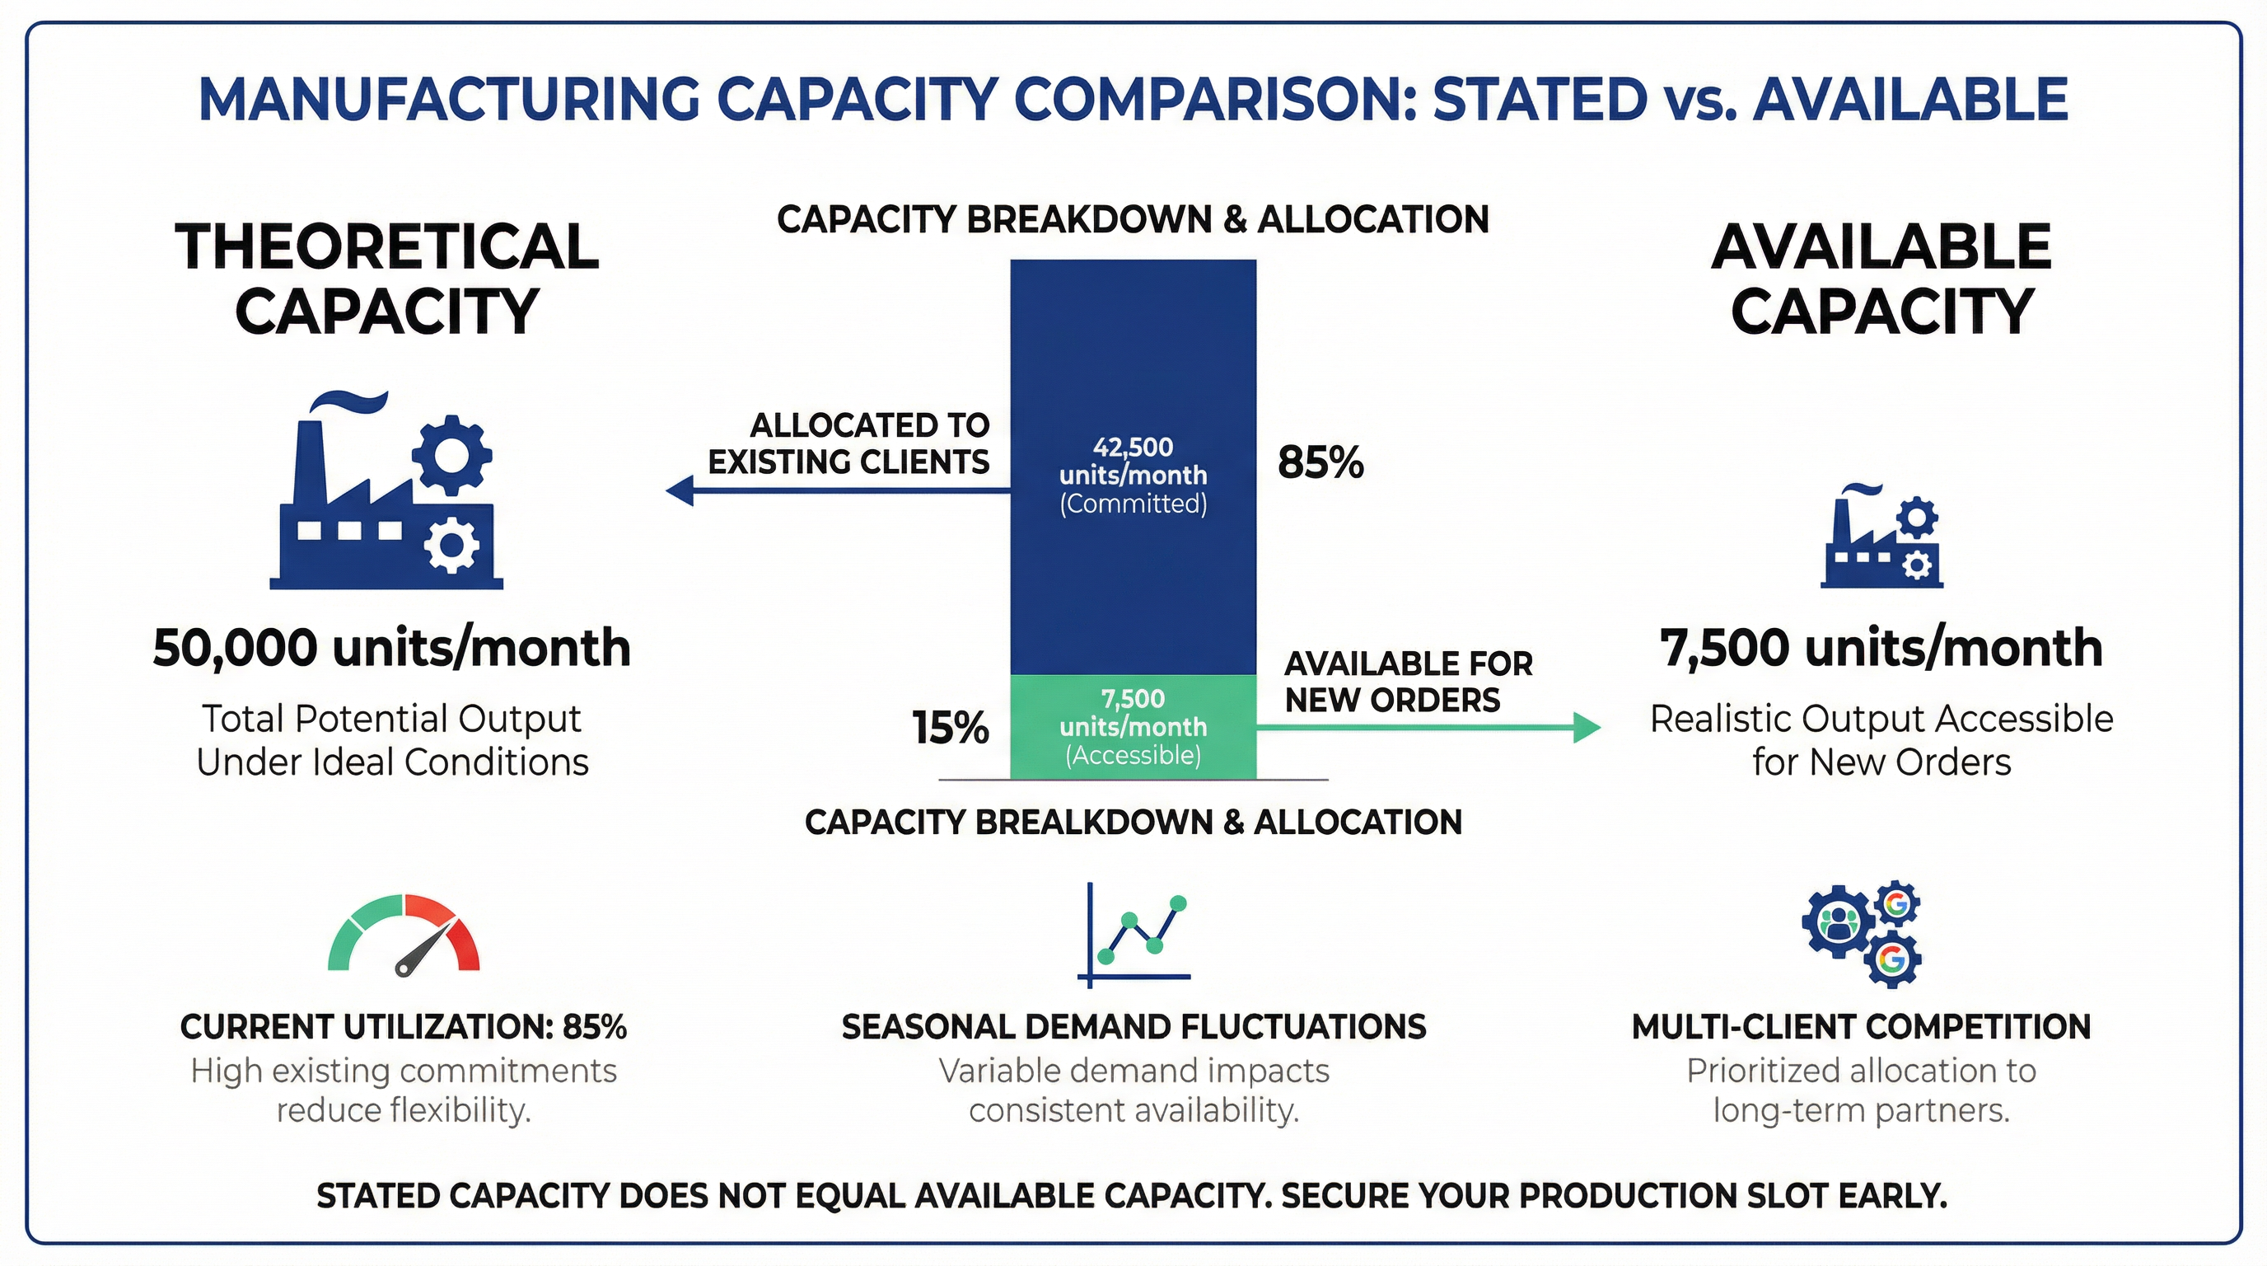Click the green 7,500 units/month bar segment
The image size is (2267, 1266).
point(1133,726)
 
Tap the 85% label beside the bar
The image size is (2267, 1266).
point(1320,462)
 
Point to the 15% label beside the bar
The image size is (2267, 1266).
point(950,729)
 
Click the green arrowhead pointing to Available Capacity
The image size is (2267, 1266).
point(1587,727)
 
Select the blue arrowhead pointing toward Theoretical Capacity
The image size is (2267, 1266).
point(680,490)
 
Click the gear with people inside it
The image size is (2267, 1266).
point(1836,922)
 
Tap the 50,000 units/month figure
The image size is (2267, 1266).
point(391,648)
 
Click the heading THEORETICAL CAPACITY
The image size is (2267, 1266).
point(387,279)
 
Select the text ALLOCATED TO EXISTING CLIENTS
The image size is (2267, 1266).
point(849,443)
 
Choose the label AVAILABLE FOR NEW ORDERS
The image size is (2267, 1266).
point(1408,682)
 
